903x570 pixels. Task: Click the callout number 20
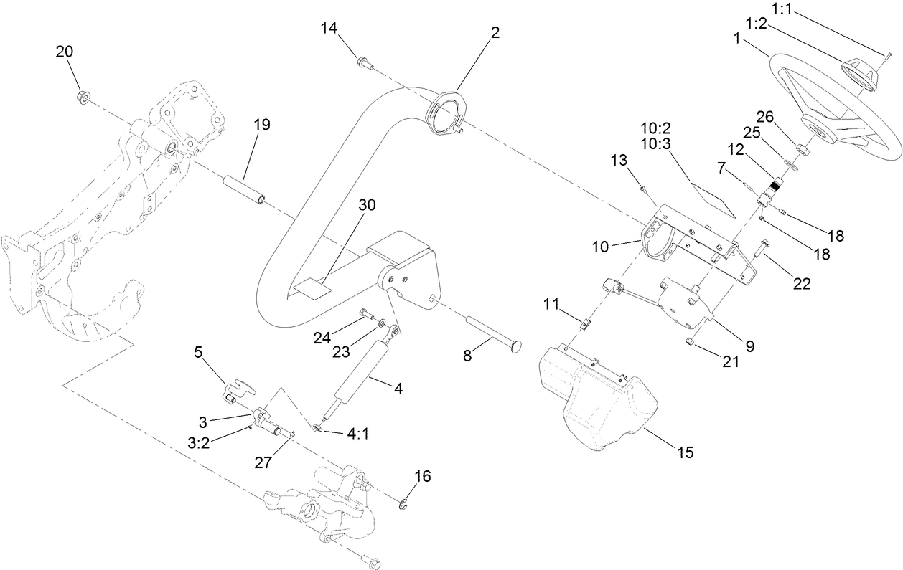pos(65,52)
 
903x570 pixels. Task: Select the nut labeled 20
pos(83,96)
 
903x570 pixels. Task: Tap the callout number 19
pos(261,124)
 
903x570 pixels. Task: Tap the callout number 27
pos(263,463)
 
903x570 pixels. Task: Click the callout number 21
pos(730,363)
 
